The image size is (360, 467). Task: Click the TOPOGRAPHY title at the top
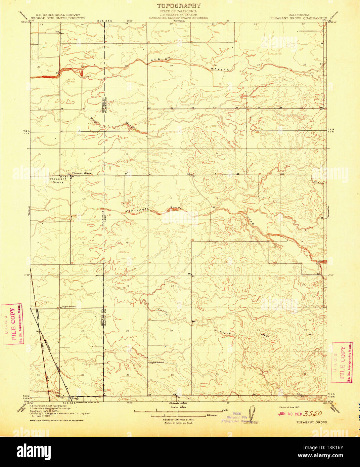pyautogui.click(x=179, y=6)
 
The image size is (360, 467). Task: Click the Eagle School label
pyautogui.click(x=69, y=306)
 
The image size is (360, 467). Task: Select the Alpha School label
pyautogui.click(x=156, y=362)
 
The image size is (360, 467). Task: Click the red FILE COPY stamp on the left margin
pyautogui.click(x=12, y=325)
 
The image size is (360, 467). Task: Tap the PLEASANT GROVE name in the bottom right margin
pyautogui.click(x=312, y=422)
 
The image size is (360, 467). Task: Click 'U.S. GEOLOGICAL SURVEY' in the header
pyautogui.click(x=56, y=15)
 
